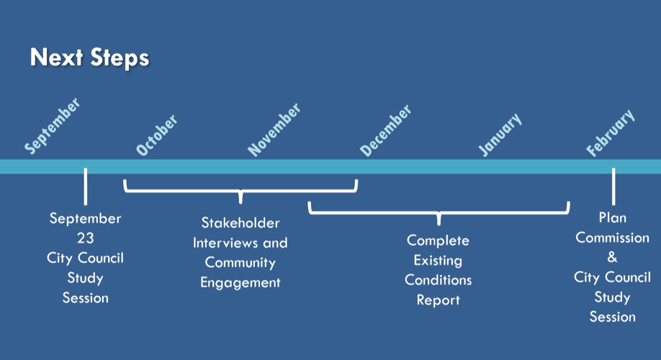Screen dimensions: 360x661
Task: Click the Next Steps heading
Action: click(x=89, y=58)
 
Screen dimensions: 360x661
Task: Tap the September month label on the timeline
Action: click(x=53, y=127)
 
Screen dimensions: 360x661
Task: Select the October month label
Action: click(x=157, y=135)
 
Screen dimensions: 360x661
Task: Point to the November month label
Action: click(x=274, y=130)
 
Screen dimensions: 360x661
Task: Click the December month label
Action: click(x=386, y=131)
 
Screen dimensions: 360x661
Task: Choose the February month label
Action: click(x=611, y=133)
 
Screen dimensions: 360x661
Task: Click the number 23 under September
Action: click(x=85, y=238)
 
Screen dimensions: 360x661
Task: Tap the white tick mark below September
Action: click(x=86, y=186)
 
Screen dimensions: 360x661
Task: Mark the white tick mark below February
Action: click(x=613, y=186)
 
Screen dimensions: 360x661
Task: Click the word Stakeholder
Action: click(x=240, y=223)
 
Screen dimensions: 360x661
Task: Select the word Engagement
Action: click(x=240, y=283)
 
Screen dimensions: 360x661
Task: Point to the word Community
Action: click(x=240, y=263)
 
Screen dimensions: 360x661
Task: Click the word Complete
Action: click(x=438, y=240)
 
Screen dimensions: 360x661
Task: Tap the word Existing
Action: click(x=438, y=260)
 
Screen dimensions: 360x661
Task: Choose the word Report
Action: click(x=438, y=300)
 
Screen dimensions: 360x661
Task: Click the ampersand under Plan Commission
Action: click(x=613, y=257)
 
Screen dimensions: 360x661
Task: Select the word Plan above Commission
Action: click(x=613, y=217)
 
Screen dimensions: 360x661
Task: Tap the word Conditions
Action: click(x=438, y=280)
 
